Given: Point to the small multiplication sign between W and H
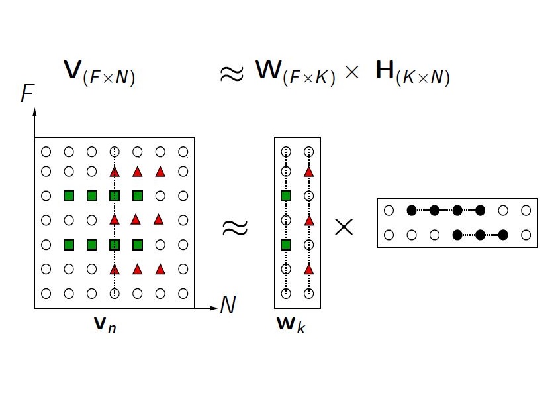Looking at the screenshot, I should tap(351, 73).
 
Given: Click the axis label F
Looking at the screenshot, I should tap(27, 95).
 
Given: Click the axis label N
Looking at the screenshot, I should tap(228, 306).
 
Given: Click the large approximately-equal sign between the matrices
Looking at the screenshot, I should tap(234, 227).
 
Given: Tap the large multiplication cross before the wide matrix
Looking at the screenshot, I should tap(344, 227).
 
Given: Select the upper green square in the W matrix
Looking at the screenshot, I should tap(286, 196).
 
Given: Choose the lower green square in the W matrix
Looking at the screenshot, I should tap(286, 245).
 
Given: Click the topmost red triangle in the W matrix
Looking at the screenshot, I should tap(308, 172).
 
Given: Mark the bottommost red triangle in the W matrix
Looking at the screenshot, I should tap(308, 269).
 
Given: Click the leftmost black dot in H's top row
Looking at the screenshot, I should tap(411, 211).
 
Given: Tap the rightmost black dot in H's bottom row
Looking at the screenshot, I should tap(503, 234).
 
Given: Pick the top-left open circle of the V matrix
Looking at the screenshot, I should tap(46, 152).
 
